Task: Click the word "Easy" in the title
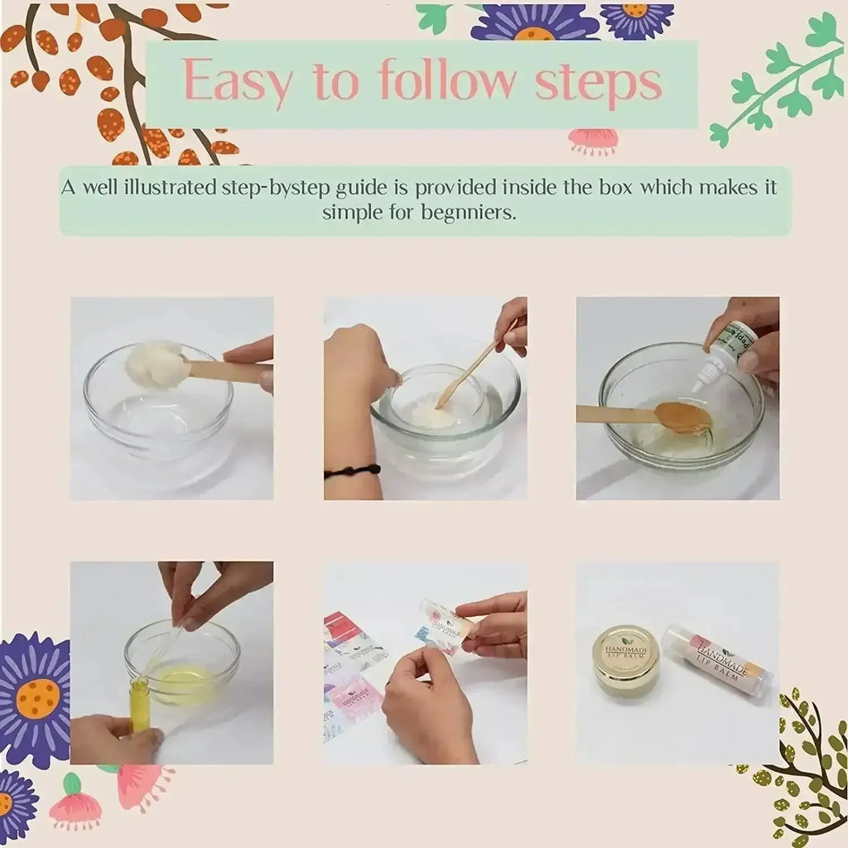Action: [238, 82]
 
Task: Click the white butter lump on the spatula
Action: [157, 364]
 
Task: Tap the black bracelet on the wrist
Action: [352, 470]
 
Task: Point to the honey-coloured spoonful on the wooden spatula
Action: [682, 417]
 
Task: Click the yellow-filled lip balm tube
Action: [139, 704]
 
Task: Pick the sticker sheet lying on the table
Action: [352, 671]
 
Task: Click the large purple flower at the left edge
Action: [33, 700]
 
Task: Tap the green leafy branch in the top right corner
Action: [783, 79]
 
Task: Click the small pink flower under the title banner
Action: [593, 141]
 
